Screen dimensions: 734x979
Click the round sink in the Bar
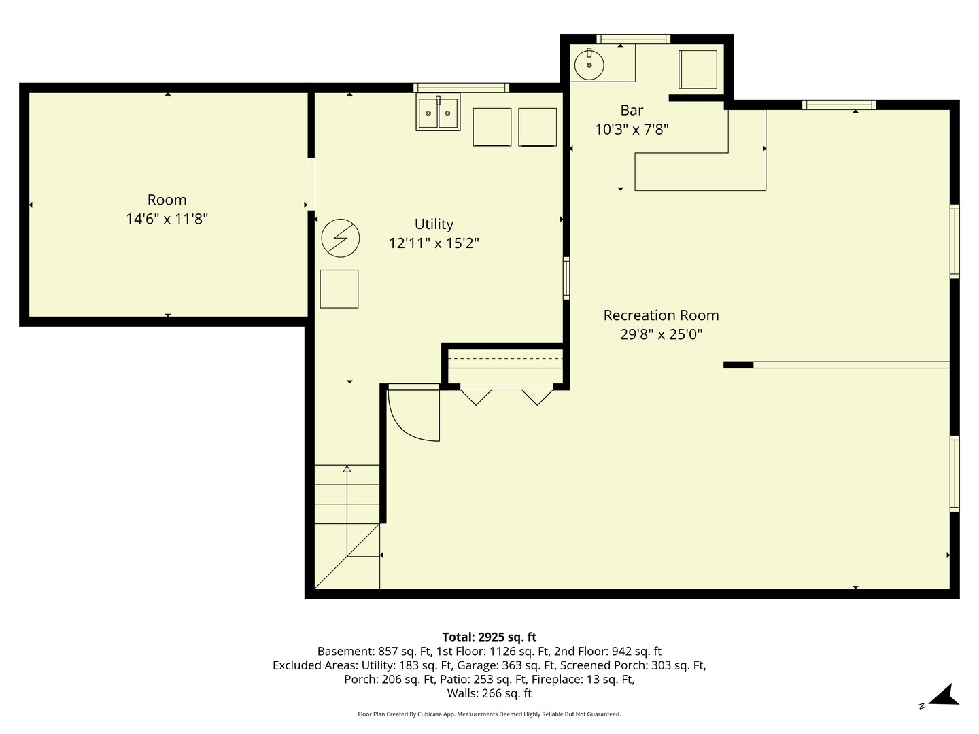click(589, 65)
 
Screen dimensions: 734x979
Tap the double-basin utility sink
click(438, 112)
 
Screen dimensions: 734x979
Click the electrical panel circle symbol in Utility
click(340, 238)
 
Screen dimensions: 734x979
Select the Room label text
click(167, 200)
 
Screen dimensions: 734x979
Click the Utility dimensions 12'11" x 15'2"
click(434, 243)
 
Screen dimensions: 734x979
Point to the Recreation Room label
click(661, 315)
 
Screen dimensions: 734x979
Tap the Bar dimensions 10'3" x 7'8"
click(632, 129)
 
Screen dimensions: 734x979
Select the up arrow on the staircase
click(347, 469)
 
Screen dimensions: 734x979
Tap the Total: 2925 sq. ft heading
click(489, 637)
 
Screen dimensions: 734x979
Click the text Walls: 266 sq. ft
click(489, 693)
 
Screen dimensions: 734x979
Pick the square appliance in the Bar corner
click(698, 69)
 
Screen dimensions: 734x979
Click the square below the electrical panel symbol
click(339, 289)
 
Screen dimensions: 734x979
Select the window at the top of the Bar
click(633, 39)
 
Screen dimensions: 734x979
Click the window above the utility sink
click(462, 87)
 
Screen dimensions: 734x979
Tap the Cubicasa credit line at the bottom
click(489, 714)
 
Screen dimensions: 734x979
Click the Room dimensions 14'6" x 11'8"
click(167, 219)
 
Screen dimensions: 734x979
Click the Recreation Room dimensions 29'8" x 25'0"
click(661, 334)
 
